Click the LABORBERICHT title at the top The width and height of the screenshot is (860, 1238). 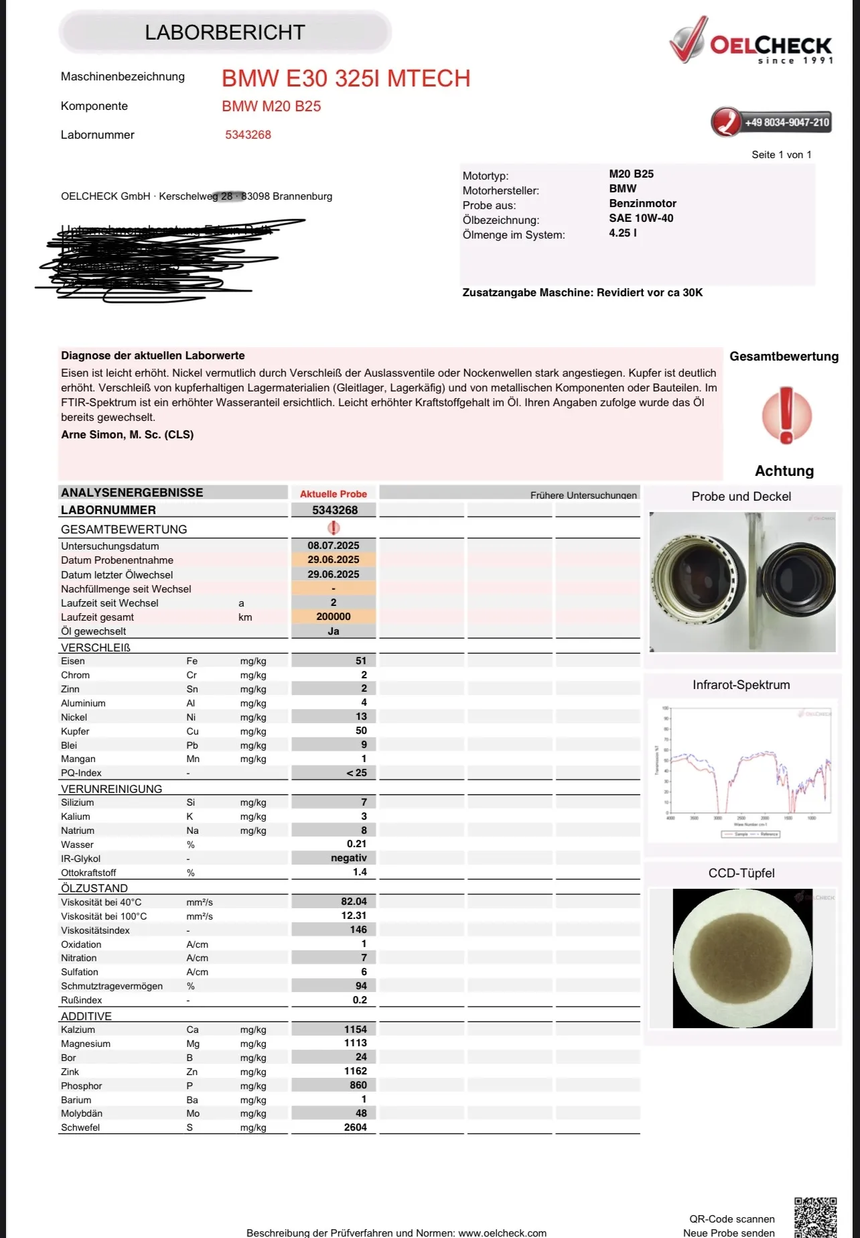[225, 32]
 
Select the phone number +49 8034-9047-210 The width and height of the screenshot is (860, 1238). [786, 123]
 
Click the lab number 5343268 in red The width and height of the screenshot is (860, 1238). [248, 135]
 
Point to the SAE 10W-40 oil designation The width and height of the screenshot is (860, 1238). [641, 218]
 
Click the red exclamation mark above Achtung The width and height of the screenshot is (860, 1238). [786, 415]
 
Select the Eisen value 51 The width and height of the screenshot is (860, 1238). [361, 661]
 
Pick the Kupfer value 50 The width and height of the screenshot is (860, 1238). [361, 731]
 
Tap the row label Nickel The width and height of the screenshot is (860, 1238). [74, 717]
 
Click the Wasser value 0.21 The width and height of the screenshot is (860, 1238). [356, 844]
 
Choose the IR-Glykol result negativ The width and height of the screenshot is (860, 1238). [348, 858]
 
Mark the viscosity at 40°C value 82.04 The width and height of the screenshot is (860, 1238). [354, 902]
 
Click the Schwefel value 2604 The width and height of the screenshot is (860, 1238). [355, 1127]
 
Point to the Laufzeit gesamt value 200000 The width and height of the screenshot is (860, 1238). [334, 617]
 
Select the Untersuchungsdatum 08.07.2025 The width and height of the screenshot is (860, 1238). [334, 546]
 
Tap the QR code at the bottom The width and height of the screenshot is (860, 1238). [815, 1217]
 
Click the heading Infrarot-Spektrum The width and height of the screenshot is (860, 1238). [741, 685]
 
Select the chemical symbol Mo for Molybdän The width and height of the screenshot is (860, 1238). [193, 1113]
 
